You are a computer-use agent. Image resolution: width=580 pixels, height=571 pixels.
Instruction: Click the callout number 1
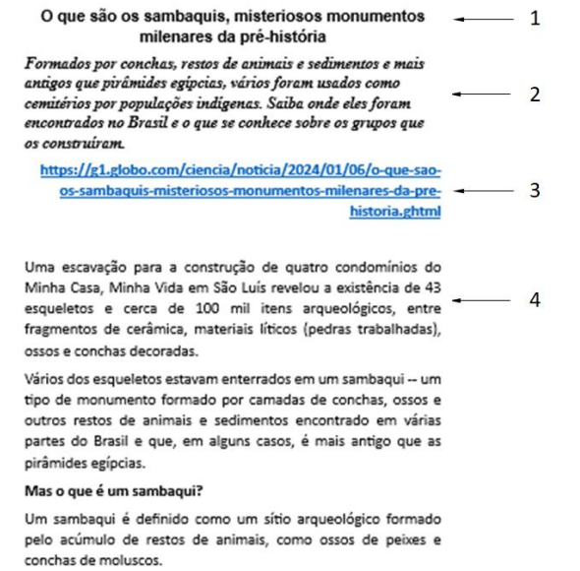535,19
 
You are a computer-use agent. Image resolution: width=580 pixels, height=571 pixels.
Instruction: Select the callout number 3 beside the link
535,190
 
